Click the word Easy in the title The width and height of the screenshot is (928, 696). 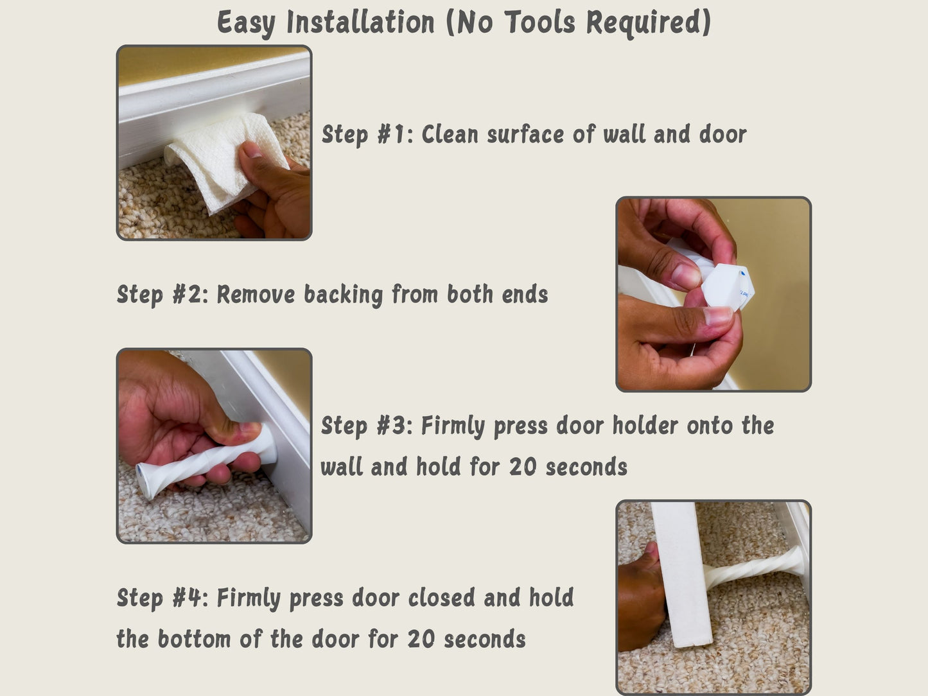[246, 23]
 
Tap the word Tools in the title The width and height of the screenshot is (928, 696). [540, 22]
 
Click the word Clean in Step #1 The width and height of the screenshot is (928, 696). [450, 134]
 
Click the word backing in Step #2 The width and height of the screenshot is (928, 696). [343, 295]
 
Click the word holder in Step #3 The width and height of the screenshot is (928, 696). [645, 425]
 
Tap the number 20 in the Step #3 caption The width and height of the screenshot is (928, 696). [523, 467]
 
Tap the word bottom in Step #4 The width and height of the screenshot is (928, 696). [194, 638]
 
